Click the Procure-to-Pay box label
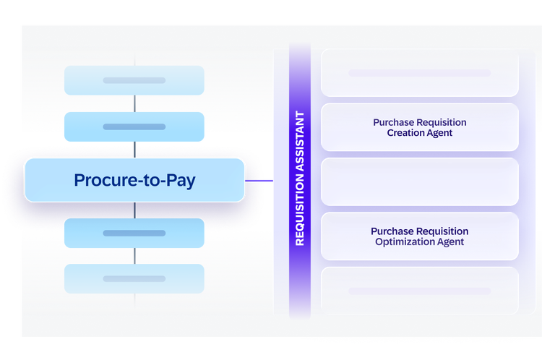135,180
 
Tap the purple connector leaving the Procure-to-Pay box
259,181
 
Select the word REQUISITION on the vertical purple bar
300,209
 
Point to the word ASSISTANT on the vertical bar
300,141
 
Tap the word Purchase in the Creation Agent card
393,122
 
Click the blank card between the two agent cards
420,182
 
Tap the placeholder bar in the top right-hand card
420,73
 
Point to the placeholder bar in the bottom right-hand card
420,291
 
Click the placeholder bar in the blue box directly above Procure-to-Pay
134,127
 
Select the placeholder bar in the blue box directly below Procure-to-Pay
134,233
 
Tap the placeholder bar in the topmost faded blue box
134,80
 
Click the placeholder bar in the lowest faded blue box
134,279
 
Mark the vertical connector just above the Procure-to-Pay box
135,150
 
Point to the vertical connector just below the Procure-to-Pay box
135,210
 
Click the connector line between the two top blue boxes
135,103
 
